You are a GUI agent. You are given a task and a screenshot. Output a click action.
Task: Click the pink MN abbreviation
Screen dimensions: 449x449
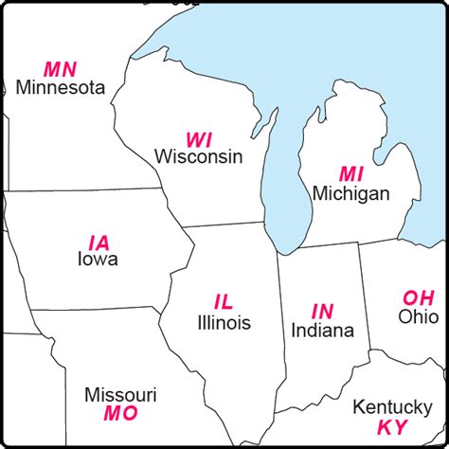pos(60,69)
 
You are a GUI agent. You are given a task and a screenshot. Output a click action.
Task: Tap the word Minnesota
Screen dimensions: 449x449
pos(60,88)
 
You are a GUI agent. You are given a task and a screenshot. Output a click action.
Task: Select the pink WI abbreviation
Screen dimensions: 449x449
pos(199,138)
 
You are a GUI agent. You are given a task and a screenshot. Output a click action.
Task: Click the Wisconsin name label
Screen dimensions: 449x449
pos(199,156)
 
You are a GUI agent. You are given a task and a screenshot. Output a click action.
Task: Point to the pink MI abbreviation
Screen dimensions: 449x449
pos(351,174)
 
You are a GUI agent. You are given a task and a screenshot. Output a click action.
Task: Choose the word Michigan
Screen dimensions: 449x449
pos(351,193)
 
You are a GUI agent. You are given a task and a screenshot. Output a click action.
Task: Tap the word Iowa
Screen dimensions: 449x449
pos(98,259)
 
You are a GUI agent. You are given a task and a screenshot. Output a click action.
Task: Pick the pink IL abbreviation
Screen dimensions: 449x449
pos(224,303)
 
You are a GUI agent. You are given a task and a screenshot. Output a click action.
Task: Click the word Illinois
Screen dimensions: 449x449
pos(224,323)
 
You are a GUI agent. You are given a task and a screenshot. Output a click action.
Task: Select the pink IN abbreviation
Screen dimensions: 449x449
pos(322,311)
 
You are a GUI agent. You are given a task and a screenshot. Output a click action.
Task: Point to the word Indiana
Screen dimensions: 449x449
pos(322,331)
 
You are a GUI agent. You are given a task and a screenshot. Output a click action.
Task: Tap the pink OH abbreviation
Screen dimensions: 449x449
pos(418,297)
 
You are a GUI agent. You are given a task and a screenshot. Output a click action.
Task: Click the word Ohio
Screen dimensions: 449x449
pos(418,316)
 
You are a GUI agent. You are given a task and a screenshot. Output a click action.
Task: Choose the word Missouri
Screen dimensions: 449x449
pos(120,394)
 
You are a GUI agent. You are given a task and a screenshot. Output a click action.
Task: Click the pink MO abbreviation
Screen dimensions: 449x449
pos(120,413)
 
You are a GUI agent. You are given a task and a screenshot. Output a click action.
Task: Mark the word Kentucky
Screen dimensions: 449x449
pos(386,407)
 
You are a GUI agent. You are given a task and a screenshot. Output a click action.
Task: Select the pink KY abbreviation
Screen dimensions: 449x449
pos(392,426)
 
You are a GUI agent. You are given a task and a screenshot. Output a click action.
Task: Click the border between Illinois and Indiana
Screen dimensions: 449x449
pos(280,322)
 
